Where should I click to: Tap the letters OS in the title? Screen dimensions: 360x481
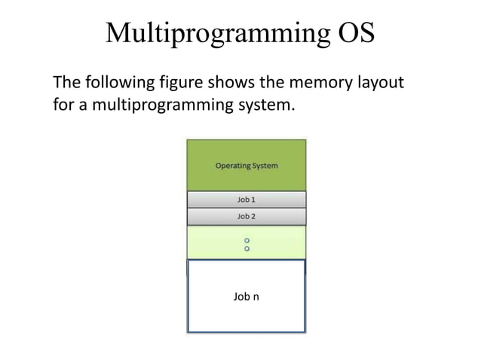pos(352,34)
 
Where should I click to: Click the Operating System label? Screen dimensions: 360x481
pos(247,166)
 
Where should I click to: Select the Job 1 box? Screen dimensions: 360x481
pos(247,200)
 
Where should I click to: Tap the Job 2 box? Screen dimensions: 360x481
pos(247,216)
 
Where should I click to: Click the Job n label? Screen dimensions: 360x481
pos(247,297)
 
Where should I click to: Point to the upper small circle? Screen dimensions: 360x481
pos(247,240)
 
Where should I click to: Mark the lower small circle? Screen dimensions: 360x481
pos(247,249)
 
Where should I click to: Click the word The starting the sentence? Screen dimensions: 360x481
pos(65,81)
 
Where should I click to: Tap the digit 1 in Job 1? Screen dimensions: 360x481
pos(253,200)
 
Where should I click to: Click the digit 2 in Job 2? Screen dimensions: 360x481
pos(253,216)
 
